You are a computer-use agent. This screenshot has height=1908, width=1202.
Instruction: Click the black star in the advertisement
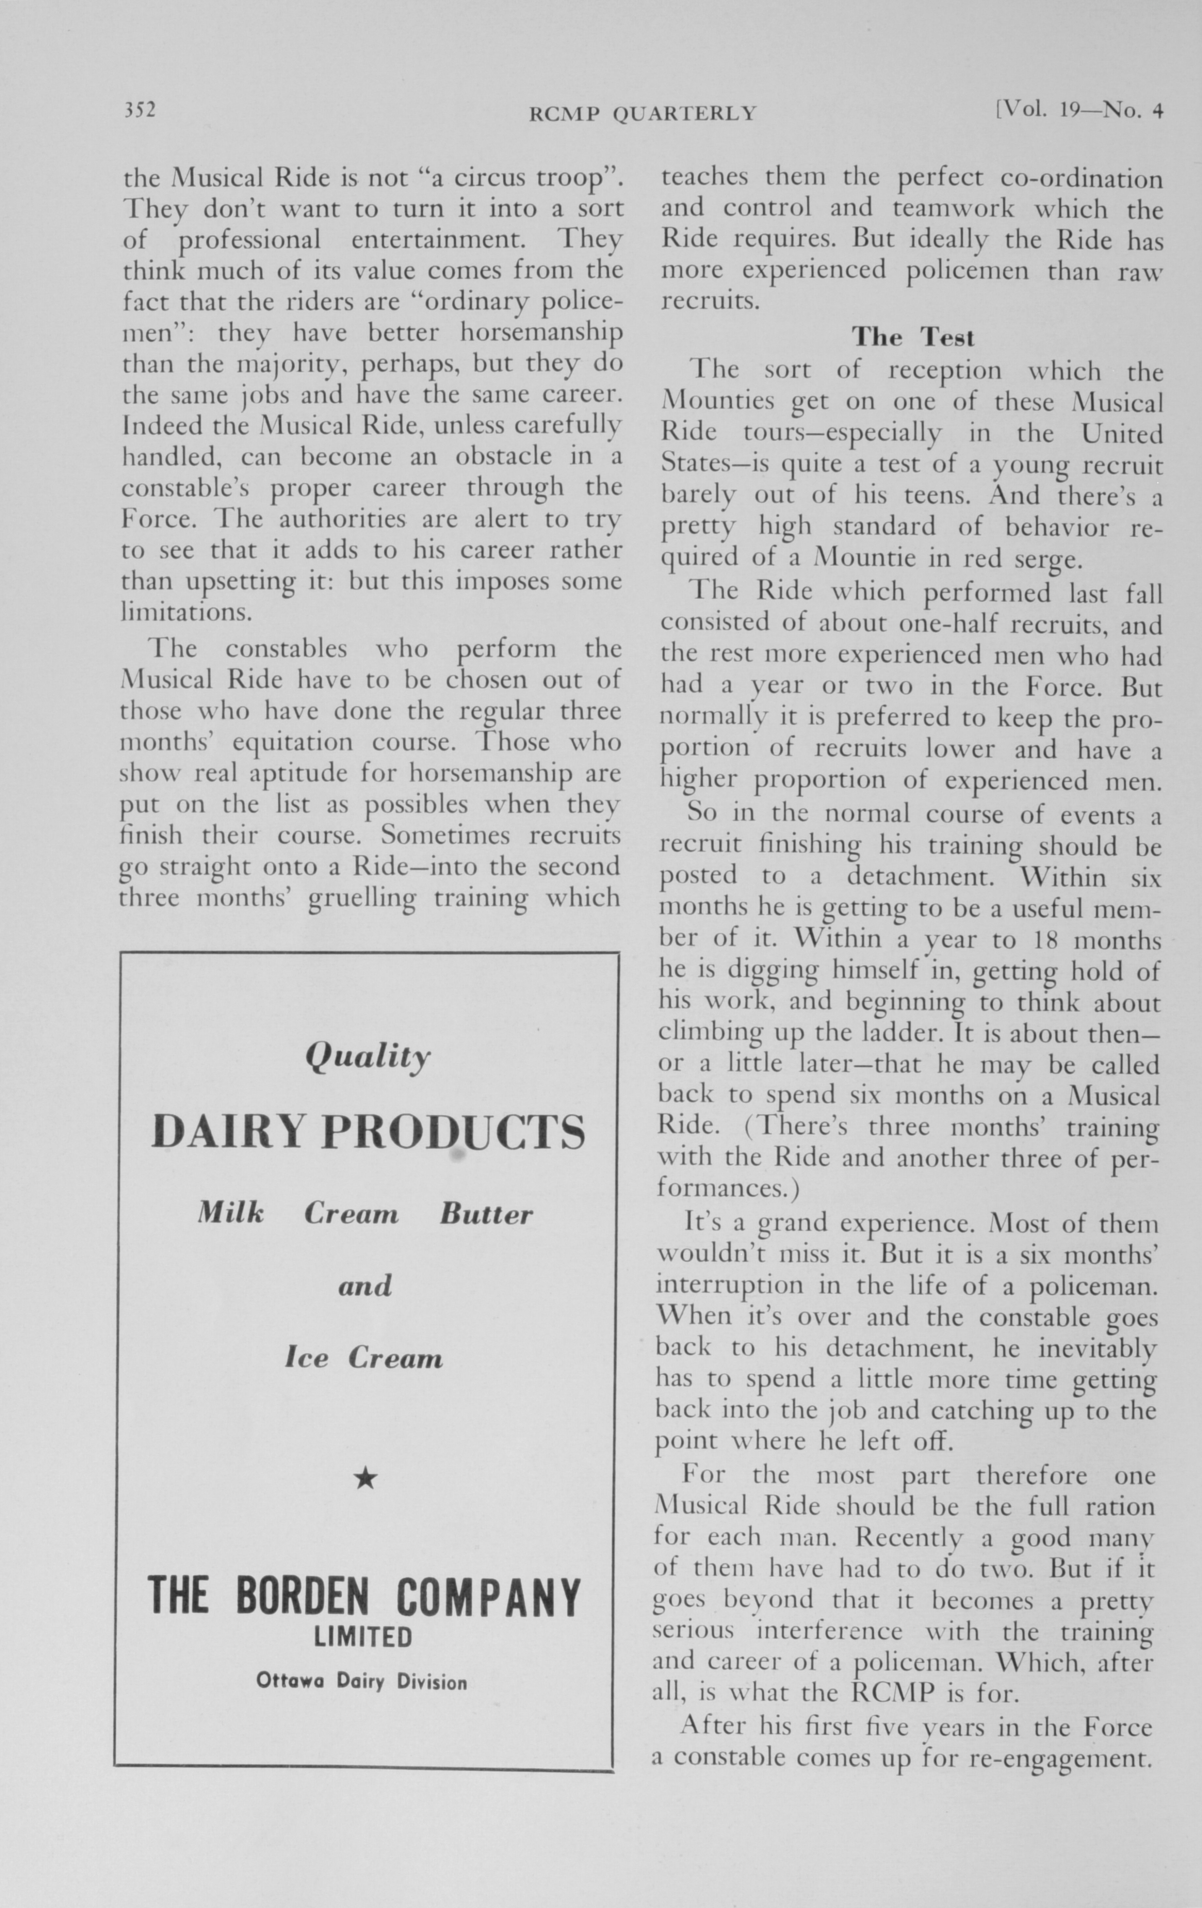click(x=365, y=1478)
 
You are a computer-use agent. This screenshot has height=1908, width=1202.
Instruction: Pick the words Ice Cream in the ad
click(x=364, y=1359)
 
